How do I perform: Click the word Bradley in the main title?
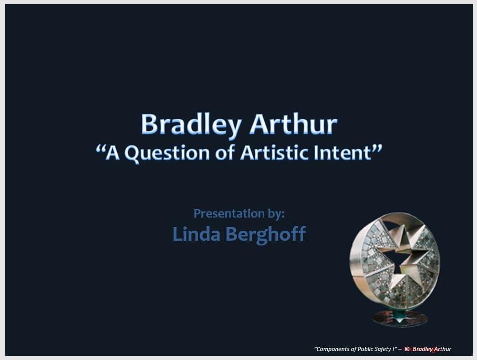pos(191,125)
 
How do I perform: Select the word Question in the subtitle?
pos(167,153)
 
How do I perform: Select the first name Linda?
pos(196,234)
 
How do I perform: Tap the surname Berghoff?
pos(265,234)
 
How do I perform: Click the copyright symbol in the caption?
pos(407,349)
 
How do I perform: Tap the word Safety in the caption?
pos(385,349)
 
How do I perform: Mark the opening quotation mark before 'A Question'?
pos(100,149)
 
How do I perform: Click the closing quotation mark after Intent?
pos(377,149)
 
